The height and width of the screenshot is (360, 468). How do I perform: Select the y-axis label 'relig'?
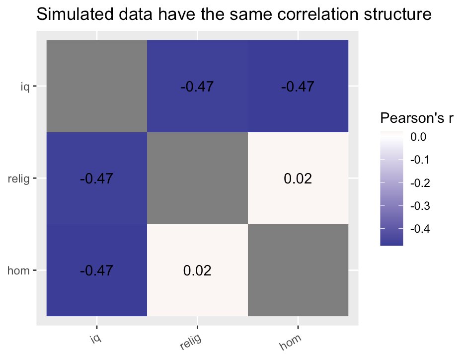point(20,179)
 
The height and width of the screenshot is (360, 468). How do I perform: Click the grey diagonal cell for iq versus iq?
point(97,86)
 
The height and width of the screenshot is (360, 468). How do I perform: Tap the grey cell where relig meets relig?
point(197,178)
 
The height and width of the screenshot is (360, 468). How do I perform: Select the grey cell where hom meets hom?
point(298,270)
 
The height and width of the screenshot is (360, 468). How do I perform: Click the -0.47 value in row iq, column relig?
point(197,87)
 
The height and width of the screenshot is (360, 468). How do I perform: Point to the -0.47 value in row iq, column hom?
point(298,87)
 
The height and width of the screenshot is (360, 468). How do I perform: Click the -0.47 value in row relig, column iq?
point(97,179)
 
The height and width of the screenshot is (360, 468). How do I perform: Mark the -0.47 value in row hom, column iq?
point(97,270)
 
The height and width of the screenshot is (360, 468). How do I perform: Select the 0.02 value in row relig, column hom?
point(298,179)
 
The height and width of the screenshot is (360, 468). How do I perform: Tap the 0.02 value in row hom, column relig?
point(197,270)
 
